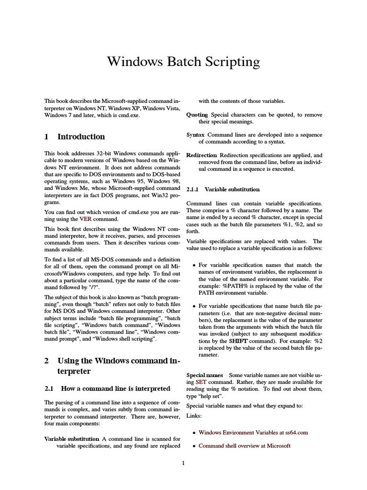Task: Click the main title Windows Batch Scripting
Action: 183,62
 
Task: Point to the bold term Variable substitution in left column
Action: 72,439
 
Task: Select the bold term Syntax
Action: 195,135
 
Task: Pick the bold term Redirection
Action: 201,155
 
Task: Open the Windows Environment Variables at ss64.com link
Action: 253,433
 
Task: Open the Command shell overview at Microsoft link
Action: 244,446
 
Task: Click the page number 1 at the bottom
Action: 183,463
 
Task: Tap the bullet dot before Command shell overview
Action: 193,446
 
